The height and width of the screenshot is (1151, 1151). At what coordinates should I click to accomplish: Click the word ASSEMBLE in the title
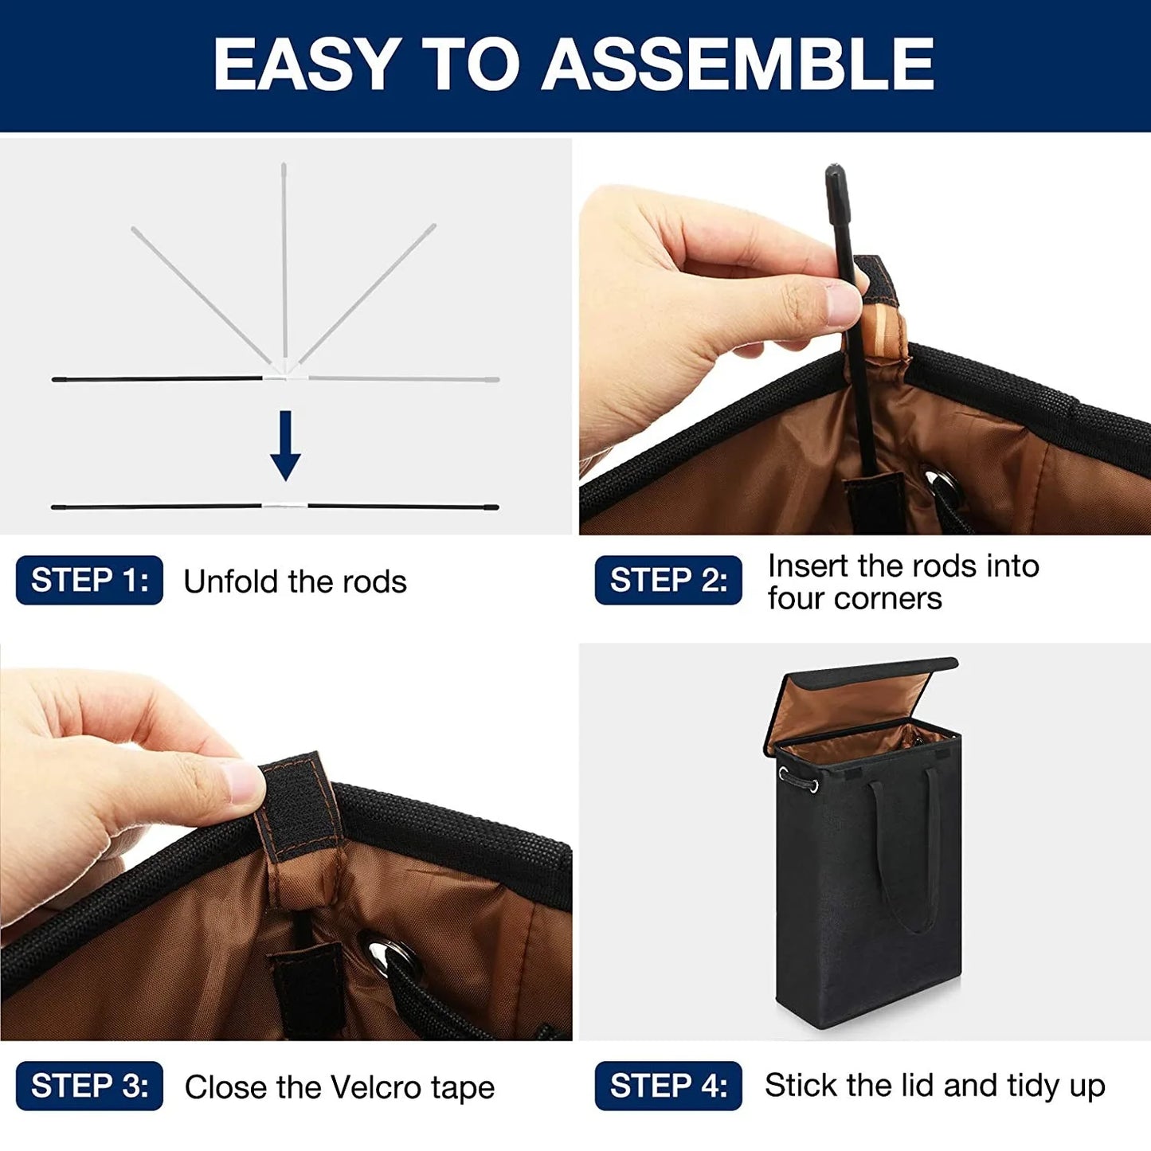point(737,64)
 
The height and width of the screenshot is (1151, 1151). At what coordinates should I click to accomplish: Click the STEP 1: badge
point(89,580)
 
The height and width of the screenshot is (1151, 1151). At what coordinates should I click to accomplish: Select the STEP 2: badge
point(668,580)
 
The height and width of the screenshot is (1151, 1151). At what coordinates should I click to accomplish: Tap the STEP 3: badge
point(89,1086)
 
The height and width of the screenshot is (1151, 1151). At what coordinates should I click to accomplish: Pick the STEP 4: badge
point(668,1086)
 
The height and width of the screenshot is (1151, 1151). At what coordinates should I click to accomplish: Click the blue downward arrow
point(285,445)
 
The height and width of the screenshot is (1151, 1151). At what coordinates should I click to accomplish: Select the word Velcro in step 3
point(376,1086)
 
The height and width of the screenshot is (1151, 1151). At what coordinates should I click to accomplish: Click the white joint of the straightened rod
point(285,506)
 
